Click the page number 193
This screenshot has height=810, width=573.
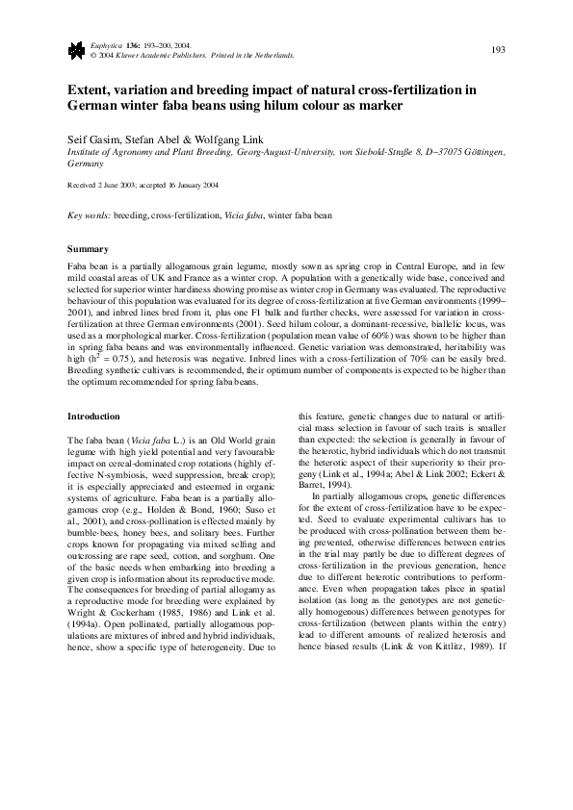(x=499, y=49)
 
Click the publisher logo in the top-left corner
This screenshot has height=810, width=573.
(x=74, y=50)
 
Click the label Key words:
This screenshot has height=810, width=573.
(x=89, y=217)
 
